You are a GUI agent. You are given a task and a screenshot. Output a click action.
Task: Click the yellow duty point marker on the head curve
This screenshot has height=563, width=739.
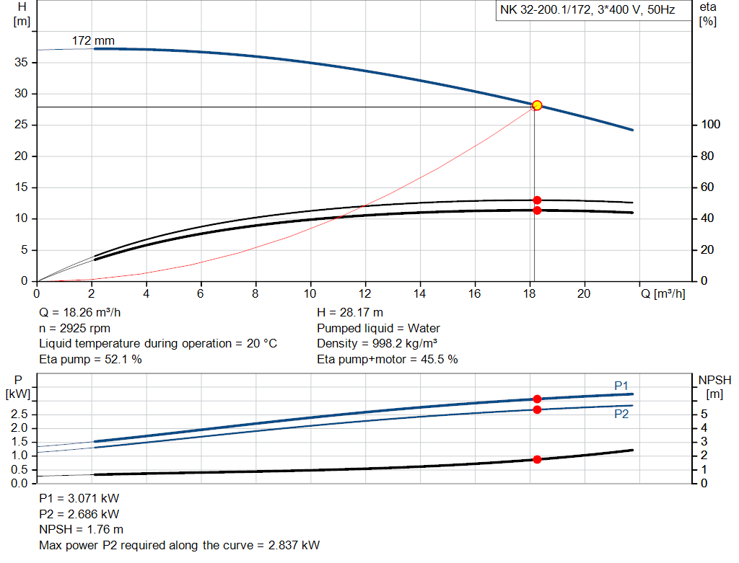point(537,105)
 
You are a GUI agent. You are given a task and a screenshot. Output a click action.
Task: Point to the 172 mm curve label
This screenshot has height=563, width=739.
point(93,40)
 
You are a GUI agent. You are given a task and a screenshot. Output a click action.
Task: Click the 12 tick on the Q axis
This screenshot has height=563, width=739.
point(365,293)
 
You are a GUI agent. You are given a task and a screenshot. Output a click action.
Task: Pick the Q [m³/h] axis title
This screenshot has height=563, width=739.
point(663,293)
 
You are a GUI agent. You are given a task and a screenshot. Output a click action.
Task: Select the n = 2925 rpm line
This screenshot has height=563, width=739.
point(74,328)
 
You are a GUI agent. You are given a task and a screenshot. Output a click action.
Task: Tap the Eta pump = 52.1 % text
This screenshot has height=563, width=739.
point(90,359)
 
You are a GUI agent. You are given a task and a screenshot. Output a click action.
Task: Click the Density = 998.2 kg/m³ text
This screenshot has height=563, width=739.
point(377,343)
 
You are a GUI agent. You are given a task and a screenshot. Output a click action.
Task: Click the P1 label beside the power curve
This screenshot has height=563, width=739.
point(621,386)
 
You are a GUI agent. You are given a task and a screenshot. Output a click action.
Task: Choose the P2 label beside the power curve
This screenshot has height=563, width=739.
point(621,415)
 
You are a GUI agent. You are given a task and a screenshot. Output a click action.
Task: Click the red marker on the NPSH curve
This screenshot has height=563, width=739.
point(537,459)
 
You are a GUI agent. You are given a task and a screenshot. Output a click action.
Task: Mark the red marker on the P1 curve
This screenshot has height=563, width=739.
point(537,399)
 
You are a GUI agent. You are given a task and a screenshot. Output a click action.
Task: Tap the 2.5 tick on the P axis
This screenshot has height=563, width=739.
point(19,415)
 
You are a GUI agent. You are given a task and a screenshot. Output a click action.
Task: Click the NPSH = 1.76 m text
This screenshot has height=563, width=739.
point(80,529)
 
